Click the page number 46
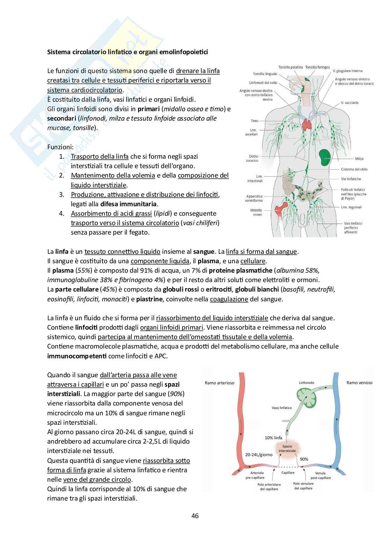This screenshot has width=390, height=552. (x=195, y=516)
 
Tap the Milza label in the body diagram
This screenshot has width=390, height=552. (x=359, y=159)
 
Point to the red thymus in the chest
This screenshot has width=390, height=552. (x=308, y=123)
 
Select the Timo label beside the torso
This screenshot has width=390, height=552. (x=254, y=121)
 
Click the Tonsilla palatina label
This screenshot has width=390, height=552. (x=290, y=67)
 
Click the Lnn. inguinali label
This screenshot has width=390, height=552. (x=353, y=207)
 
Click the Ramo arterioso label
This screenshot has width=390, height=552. (x=219, y=383)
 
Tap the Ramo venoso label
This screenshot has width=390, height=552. (x=359, y=382)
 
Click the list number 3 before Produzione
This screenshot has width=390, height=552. (x=62, y=194)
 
